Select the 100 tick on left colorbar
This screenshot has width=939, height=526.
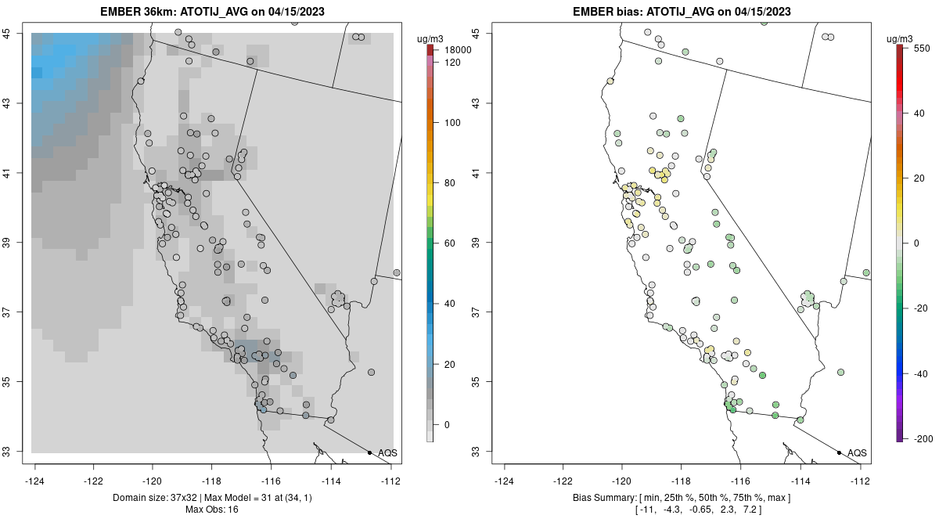[x=452, y=123]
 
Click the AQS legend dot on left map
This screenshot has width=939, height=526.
[x=369, y=452]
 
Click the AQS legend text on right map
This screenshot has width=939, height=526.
[x=857, y=452]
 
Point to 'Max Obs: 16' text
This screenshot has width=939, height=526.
[x=211, y=510]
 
